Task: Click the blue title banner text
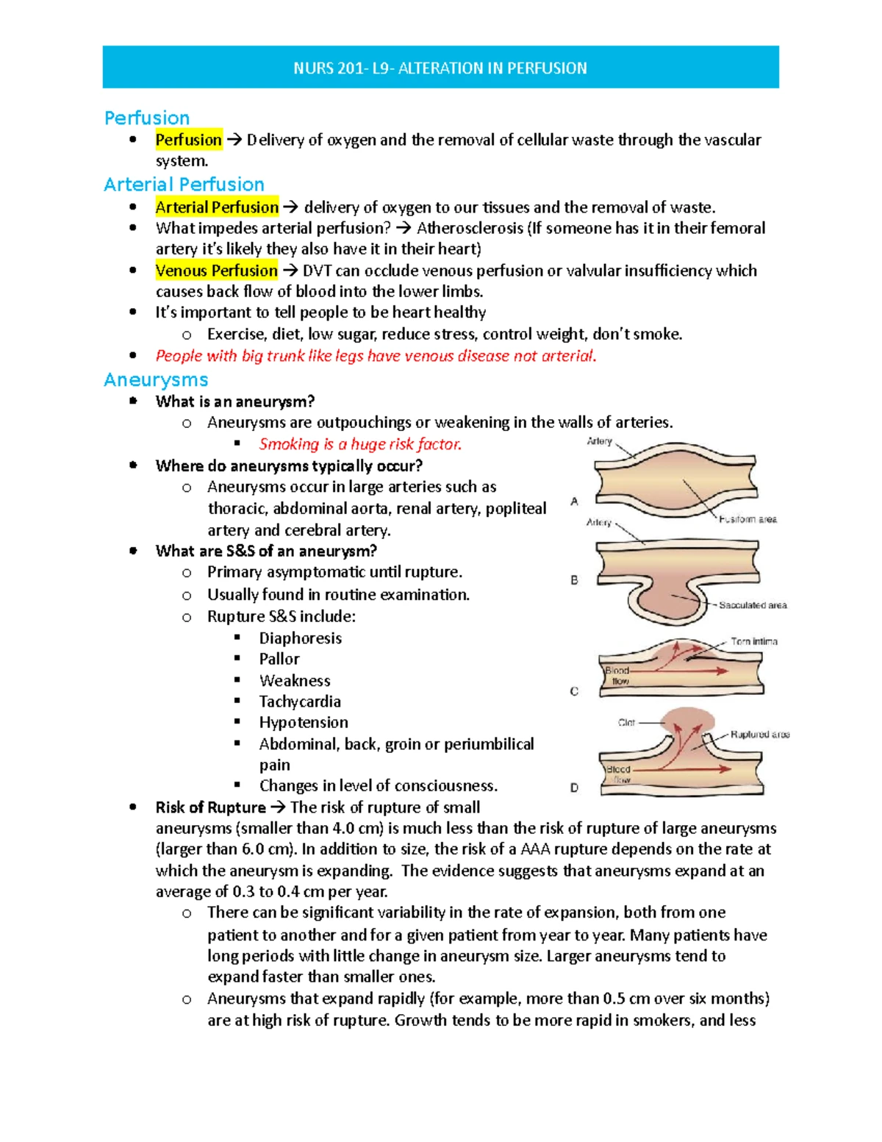click(440, 68)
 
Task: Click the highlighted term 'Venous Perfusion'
click(216, 271)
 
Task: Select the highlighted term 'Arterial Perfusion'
click(217, 207)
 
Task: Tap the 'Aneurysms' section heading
click(156, 380)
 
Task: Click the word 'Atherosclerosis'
click(470, 228)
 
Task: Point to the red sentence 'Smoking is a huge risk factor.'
click(360, 444)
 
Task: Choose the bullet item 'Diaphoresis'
click(300, 638)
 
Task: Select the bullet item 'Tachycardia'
click(300, 702)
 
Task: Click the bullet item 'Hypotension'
click(304, 722)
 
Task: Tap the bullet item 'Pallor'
click(279, 659)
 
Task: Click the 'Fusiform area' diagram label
click(747, 519)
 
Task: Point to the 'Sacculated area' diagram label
click(753, 605)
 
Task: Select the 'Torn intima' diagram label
click(754, 641)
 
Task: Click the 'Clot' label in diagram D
click(626, 723)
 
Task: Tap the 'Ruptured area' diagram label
click(760, 735)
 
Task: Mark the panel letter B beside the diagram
click(574, 580)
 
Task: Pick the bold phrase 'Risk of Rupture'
click(210, 807)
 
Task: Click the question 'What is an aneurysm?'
click(235, 402)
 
